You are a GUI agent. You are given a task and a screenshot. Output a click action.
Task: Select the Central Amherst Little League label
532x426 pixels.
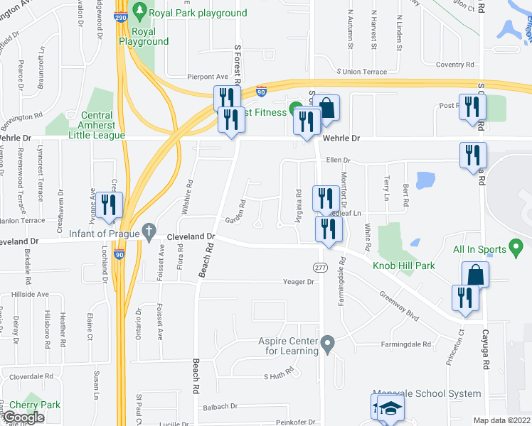93,125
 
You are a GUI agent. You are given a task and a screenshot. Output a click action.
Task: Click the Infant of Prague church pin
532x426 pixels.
149,231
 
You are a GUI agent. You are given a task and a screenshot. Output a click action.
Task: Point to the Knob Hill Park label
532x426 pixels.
404,266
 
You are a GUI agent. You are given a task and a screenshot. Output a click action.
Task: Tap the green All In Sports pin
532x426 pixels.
517,248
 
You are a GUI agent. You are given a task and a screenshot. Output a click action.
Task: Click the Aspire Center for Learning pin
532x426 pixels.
327,346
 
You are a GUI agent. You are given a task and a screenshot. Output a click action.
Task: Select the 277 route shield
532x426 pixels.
321,266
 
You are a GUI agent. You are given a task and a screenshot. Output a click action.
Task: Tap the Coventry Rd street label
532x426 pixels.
450,65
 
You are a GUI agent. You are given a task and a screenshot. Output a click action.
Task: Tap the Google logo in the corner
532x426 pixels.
23,417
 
